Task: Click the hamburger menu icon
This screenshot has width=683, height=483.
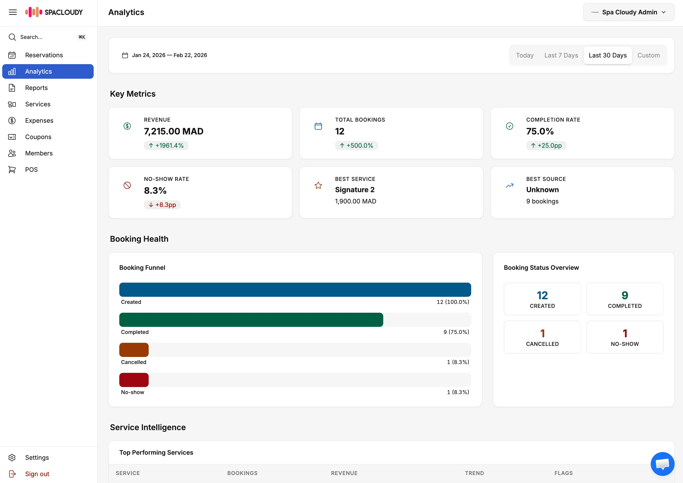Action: click(13, 12)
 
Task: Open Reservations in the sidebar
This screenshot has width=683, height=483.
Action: click(44, 55)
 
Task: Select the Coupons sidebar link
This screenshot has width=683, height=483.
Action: click(38, 137)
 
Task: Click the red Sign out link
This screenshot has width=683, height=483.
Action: click(37, 474)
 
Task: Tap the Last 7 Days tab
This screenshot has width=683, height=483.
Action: click(561, 55)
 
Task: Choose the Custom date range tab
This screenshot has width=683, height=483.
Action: click(648, 55)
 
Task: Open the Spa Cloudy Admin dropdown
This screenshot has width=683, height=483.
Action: click(628, 12)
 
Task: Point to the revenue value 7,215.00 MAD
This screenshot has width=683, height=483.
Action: click(174, 131)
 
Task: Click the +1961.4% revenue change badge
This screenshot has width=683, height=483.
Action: click(166, 146)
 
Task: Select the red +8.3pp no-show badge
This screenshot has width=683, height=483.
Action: click(162, 205)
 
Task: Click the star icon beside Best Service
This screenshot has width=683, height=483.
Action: click(318, 186)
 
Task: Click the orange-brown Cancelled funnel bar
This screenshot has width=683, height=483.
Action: click(134, 350)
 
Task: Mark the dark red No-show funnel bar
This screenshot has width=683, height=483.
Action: click(134, 380)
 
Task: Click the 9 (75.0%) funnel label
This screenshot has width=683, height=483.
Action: click(456, 332)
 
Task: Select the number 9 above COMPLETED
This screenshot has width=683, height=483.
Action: click(625, 295)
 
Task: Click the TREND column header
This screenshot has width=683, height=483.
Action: click(474, 473)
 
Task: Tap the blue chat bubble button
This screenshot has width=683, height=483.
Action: click(662, 464)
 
